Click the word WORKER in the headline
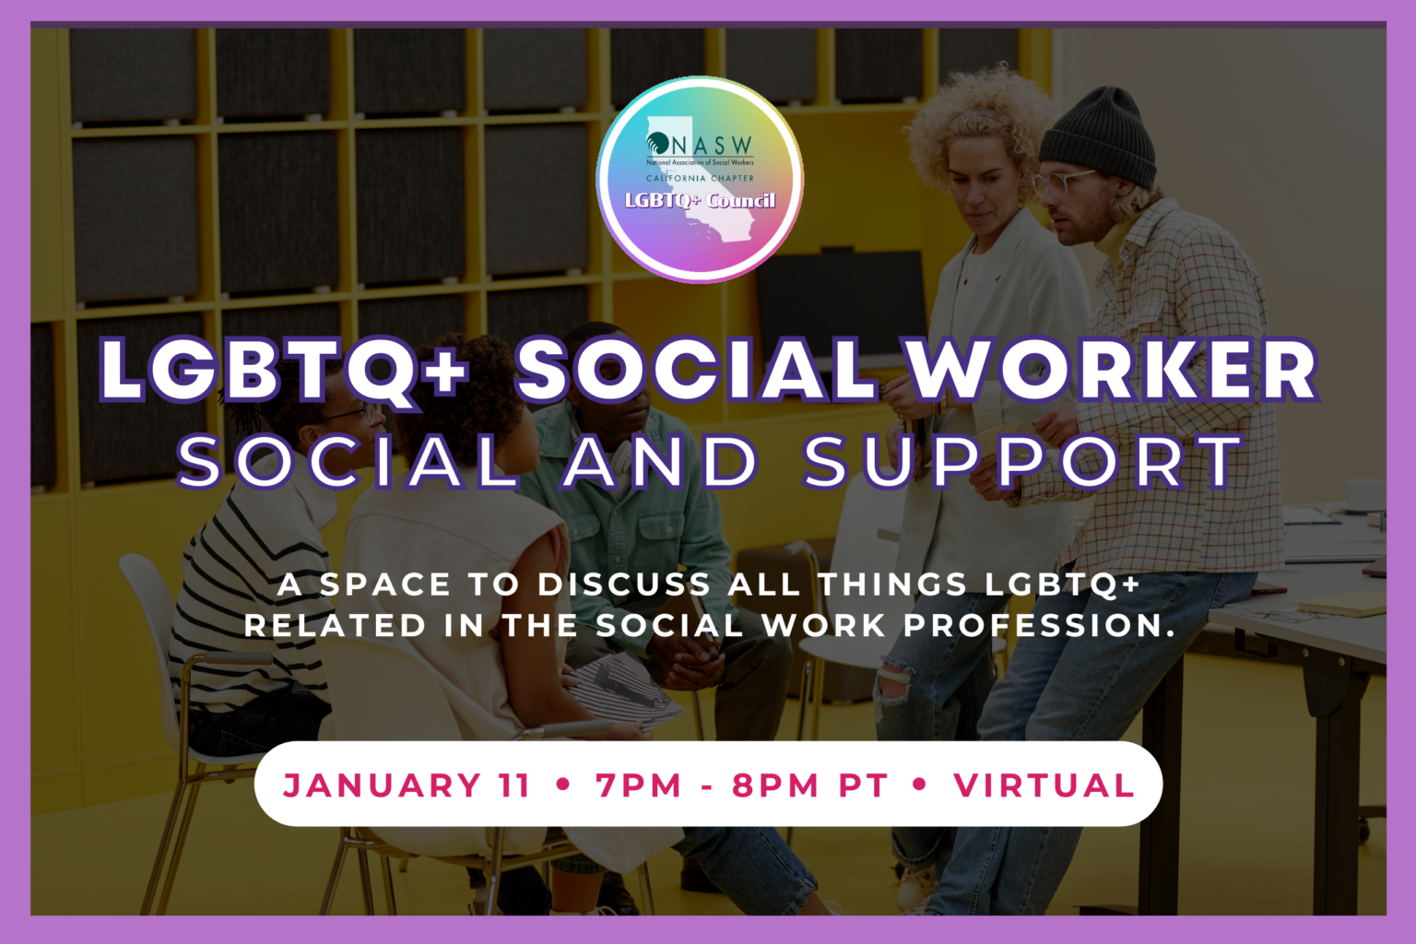pos(1113,370)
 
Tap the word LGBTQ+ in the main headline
pos(284,370)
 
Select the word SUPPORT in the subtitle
pos(1022,461)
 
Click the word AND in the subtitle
pos(660,461)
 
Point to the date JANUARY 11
pos(407,785)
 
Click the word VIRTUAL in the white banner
pos(1044,785)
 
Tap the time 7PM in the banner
pos(638,785)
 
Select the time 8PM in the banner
pos(774,785)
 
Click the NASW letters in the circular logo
pos(711,146)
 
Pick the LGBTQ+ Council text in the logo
pos(700,200)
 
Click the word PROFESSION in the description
pos(1038,625)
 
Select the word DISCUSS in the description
pos(624,584)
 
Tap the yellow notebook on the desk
pos(1341,605)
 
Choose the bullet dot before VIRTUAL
pos(919,785)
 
